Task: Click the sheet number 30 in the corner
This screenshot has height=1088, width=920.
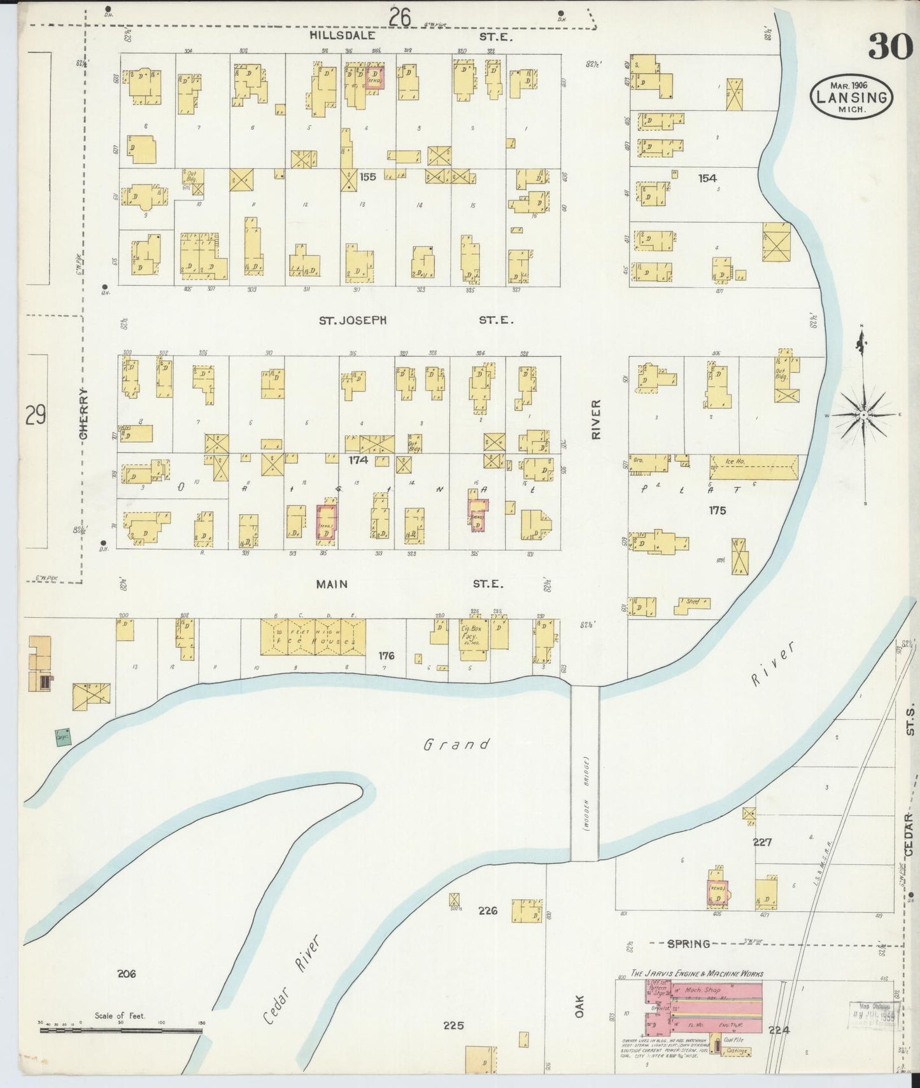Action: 889,46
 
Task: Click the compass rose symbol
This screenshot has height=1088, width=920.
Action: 863,414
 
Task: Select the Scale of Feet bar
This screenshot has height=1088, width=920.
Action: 121,1029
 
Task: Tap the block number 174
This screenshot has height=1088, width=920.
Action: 358,458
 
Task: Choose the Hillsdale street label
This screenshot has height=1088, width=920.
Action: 342,36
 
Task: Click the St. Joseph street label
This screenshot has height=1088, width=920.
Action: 353,321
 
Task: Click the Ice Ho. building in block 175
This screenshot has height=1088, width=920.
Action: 753,467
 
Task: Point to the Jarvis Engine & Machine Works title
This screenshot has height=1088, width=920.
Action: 697,973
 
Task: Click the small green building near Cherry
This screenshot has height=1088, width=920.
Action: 62,737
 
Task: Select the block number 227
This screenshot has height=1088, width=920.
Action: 762,842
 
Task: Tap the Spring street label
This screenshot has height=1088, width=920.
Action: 688,944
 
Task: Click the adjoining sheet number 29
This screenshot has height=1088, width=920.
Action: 36,415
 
